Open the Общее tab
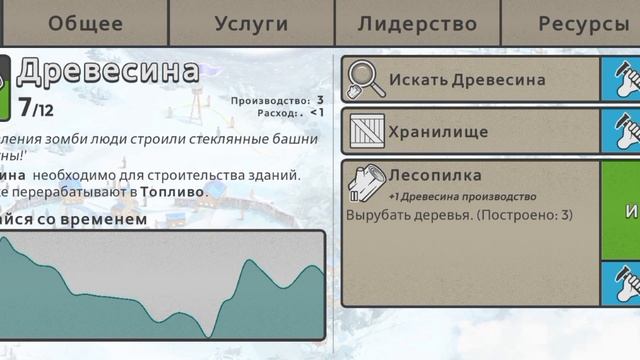tap(85, 24)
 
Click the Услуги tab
tap(251, 24)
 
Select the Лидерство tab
tap(417, 24)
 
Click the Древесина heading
tap(108, 72)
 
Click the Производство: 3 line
tap(277, 100)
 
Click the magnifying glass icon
tap(367, 80)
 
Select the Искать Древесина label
tap(467, 80)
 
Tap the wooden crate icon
tap(367, 131)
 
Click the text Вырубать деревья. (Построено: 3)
tap(459, 215)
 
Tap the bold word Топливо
tap(172, 191)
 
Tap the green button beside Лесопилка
tap(621, 210)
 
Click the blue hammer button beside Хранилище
tap(621, 131)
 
